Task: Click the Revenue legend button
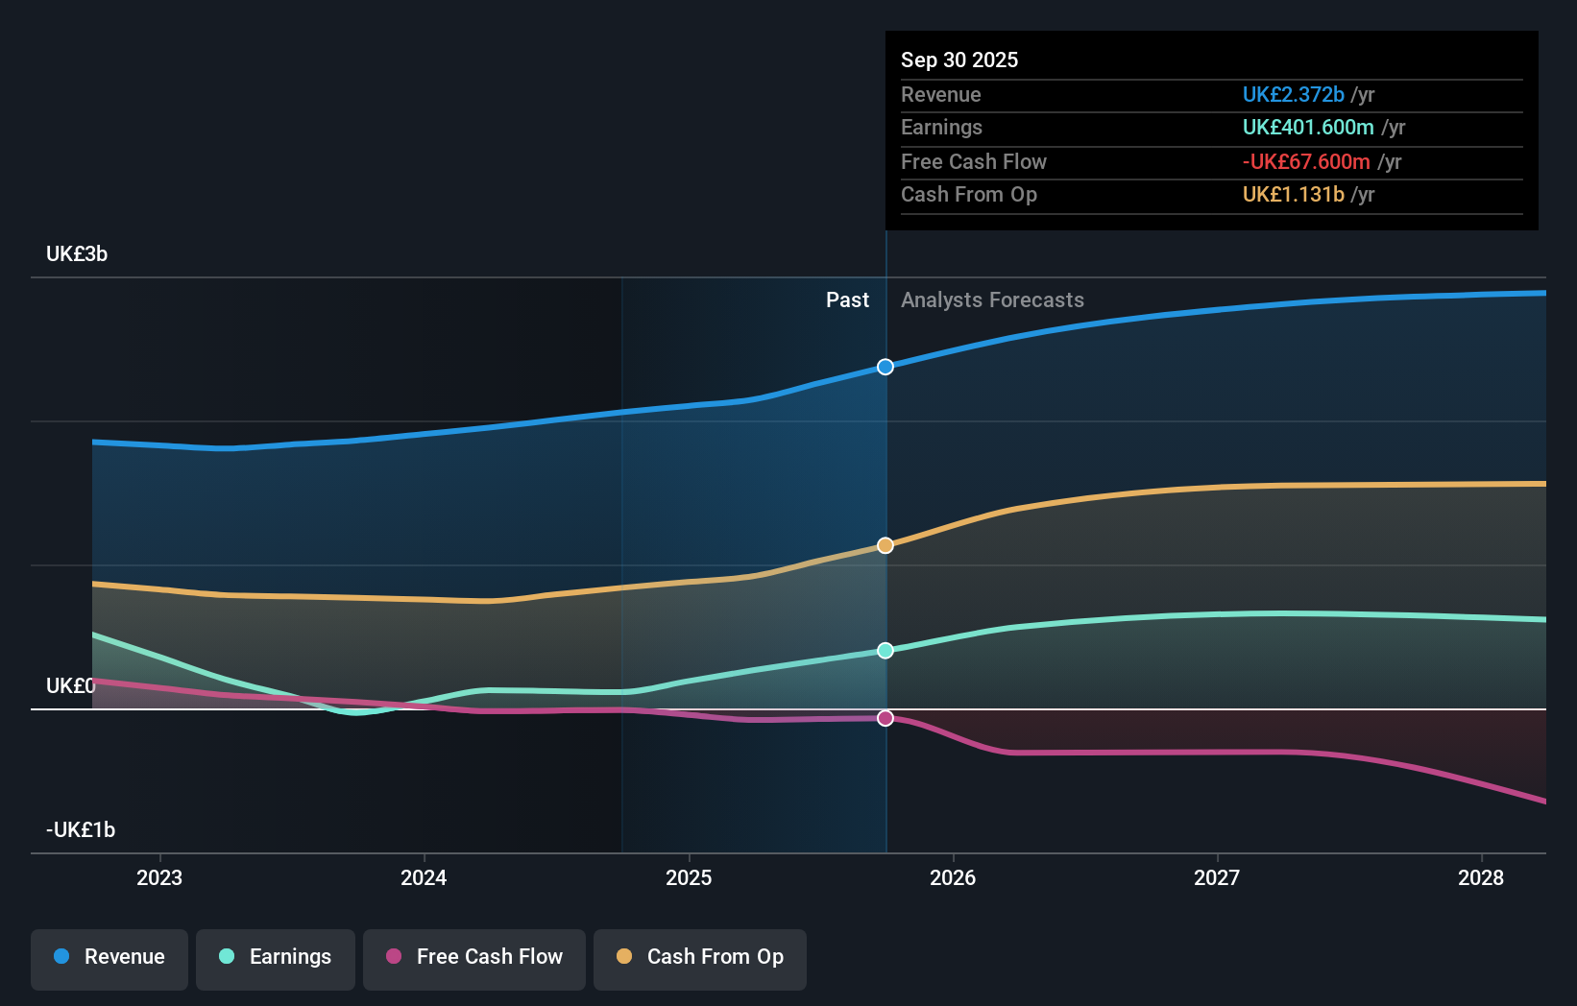click(x=109, y=957)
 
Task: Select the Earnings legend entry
click(x=276, y=957)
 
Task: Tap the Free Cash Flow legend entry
click(x=474, y=957)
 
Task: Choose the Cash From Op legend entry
click(x=700, y=957)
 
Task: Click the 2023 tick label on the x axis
click(x=159, y=878)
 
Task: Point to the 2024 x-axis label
click(x=424, y=878)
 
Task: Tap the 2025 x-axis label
click(x=689, y=878)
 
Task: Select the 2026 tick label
click(x=953, y=878)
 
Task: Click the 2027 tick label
click(x=1217, y=878)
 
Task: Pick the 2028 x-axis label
click(x=1481, y=878)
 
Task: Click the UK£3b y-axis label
click(x=77, y=254)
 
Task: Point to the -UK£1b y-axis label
click(x=81, y=830)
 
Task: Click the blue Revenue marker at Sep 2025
click(x=886, y=367)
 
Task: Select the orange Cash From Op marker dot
click(x=886, y=545)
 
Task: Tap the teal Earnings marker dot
click(x=886, y=651)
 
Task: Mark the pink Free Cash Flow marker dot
click(x=886, y=718)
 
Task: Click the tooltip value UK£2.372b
click(x=1293, y=95)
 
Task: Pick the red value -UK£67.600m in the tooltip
click(x=1306, y=162)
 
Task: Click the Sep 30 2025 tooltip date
click(x=959, y=60)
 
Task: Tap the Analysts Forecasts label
click(x=992, y=300)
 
